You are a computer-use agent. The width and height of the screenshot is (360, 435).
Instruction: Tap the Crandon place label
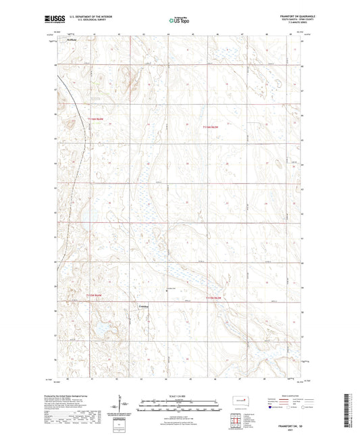pyautogui.click(x=142, y=307)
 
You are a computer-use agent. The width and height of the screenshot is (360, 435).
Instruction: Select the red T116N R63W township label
pyautogui.click(x=213, y=126)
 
